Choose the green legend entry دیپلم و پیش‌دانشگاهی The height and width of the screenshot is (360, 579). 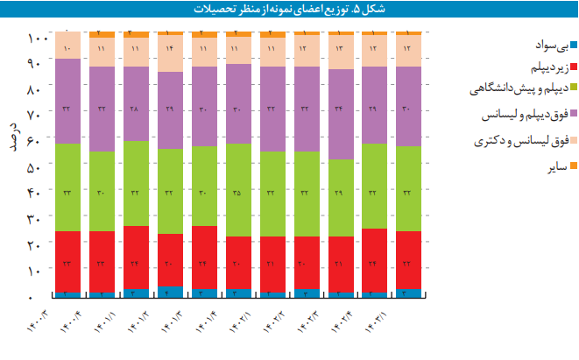pos(517,88)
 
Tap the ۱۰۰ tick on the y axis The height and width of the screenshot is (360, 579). pos(37,38)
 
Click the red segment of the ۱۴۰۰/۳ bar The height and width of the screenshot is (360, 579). pos(67,262)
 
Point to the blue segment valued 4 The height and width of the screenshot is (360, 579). pos(169,293)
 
